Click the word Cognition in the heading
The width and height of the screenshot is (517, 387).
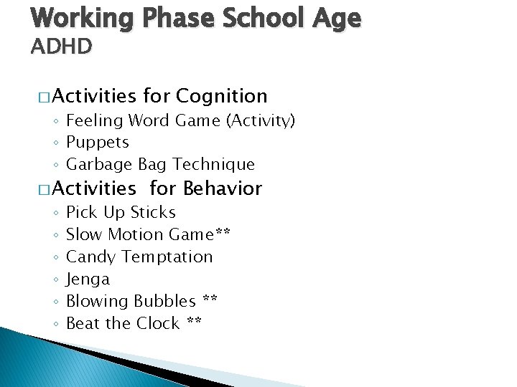[x=221, y=96]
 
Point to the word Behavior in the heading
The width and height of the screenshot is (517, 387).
[x=223, y=188]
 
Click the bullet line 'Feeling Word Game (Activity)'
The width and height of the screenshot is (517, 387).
[x=180, y=120]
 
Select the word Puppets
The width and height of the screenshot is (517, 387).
[x=98, y=142]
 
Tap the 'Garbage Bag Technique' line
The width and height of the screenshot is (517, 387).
[x=160, y=164]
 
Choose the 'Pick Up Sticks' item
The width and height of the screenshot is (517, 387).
[x=121, y=212]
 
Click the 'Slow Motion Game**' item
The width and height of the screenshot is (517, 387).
[x=148, y=234]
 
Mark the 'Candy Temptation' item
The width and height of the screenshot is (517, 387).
[x=139, y=257]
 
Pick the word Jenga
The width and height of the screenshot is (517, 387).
[x=88, y=279]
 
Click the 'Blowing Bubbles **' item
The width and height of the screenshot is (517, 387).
[x=141, y=301]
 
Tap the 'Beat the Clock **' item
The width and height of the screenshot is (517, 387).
[x=134, y=323]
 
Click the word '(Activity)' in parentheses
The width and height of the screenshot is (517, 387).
[x=261, y=120]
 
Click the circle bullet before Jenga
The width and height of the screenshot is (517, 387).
[x=56, y=279]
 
